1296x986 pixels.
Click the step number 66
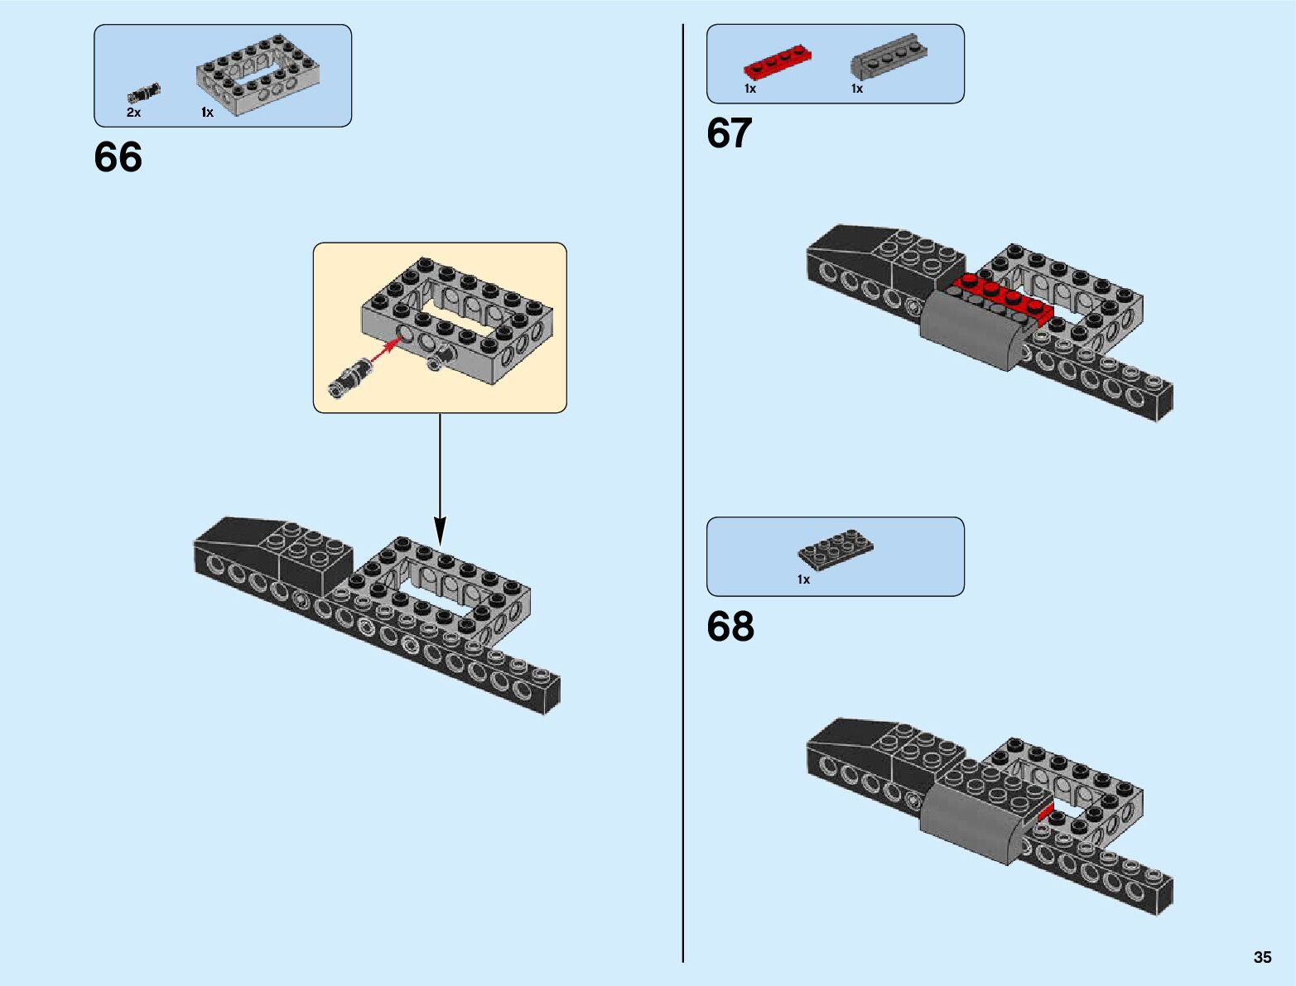tap(118, 157)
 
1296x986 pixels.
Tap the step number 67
tap(730, 132)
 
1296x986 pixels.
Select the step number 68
tap(730, 626)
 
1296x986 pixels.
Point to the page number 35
tap(1262, 957)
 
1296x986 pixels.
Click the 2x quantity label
tap(133, 112)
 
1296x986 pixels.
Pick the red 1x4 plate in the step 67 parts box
tap(777, 62)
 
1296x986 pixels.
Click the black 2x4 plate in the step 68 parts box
tap(836, 550)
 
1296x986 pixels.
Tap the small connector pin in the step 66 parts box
tap(143, 94)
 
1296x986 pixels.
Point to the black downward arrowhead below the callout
tap(440, 530)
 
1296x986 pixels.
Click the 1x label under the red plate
tap(749, 89)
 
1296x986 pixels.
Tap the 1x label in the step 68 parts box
tap(803, 580)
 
